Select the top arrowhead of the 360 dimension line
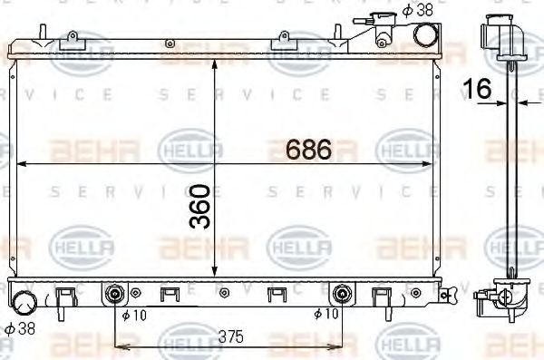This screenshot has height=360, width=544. [214, 64]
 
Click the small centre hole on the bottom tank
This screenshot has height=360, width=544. [223, 294]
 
